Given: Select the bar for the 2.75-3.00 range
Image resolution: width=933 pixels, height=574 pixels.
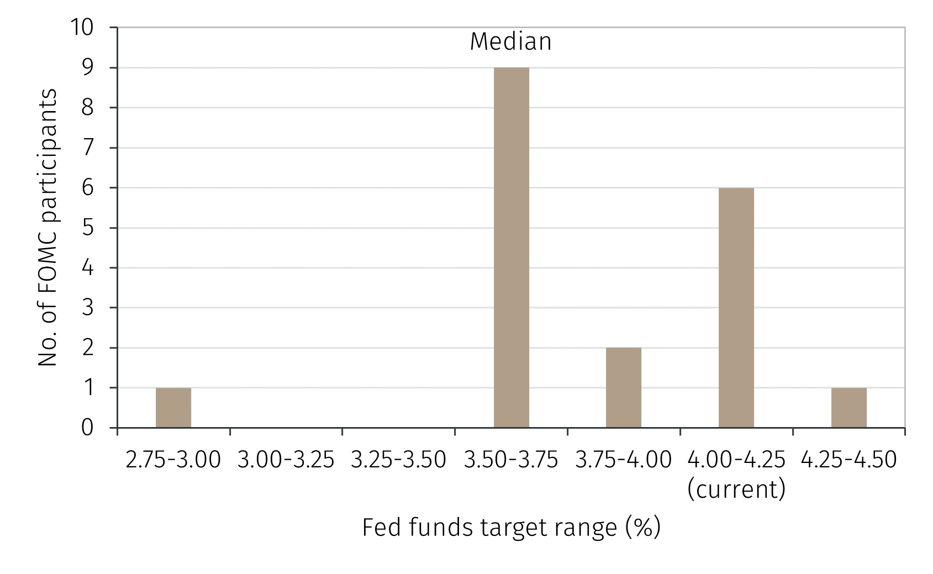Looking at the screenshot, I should [173, 408].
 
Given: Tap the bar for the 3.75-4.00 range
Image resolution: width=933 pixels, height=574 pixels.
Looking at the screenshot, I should [623, 388].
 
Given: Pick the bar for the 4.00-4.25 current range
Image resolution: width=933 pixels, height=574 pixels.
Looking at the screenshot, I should [736, 308].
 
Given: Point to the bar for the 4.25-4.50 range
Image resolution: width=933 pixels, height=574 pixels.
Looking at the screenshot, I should [848, 408].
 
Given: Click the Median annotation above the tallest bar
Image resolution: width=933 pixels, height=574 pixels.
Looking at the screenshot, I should [510, 42].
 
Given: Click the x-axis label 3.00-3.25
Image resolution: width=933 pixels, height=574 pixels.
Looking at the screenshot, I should [286, 460].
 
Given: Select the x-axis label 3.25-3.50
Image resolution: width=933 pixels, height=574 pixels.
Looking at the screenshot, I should [398, 460].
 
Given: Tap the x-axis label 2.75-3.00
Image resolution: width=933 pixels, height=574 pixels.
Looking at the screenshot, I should [173, 460].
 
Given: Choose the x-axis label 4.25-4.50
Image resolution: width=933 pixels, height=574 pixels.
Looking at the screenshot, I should [848, 460].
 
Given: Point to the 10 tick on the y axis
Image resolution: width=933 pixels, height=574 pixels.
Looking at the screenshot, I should [82, 27].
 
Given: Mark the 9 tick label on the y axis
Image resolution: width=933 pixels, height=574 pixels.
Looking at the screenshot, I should [88, 67].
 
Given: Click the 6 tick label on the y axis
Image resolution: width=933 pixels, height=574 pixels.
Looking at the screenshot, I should [88, 188].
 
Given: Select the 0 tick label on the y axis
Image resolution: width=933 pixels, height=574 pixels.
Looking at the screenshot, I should [88, 428].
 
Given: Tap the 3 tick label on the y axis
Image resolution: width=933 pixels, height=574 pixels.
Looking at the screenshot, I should [88, 308].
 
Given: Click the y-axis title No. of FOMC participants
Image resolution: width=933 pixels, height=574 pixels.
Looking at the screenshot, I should [48, 227].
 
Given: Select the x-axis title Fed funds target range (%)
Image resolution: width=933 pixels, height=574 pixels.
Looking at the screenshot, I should [511, 528].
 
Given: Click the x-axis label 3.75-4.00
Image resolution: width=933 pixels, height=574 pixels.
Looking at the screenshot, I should [623, 460].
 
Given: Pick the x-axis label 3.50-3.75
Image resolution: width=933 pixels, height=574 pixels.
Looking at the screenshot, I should [511, 460].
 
